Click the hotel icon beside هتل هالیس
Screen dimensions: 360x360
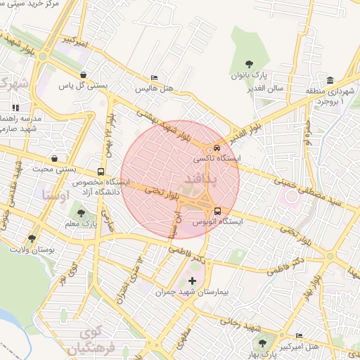coord(155,78)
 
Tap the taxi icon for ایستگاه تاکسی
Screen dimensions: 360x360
coord(217,148)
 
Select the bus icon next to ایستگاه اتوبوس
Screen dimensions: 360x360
coord(217,210)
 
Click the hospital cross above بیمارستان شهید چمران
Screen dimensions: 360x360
coord(193,281)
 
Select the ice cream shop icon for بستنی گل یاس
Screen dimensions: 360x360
coord(84,75)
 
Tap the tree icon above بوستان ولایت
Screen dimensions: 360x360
coord(32,239)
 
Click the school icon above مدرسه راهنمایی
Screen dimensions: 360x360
coord(15,108)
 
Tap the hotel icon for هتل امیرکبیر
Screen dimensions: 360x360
coord(300,335)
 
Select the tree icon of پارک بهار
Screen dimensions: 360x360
coord(262,342)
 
